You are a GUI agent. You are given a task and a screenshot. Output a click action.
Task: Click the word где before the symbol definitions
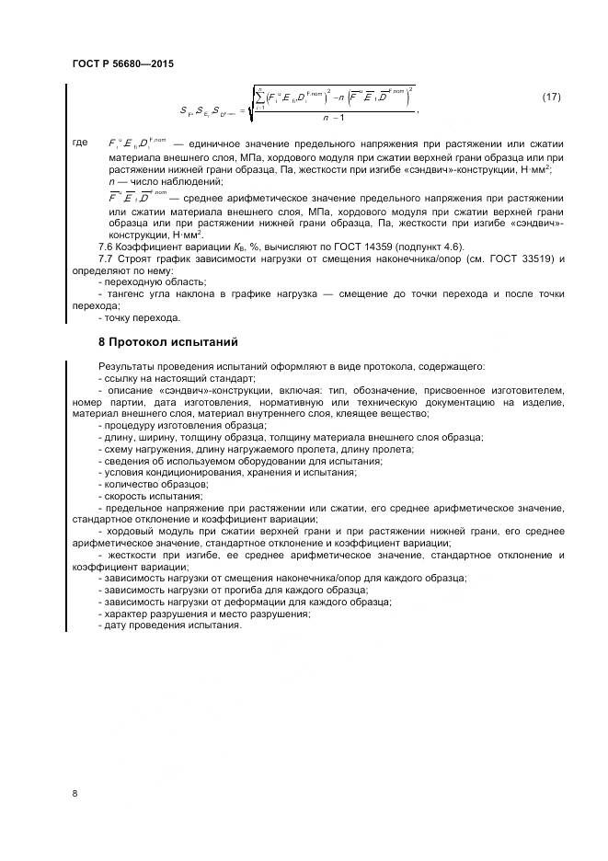(79, 143)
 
